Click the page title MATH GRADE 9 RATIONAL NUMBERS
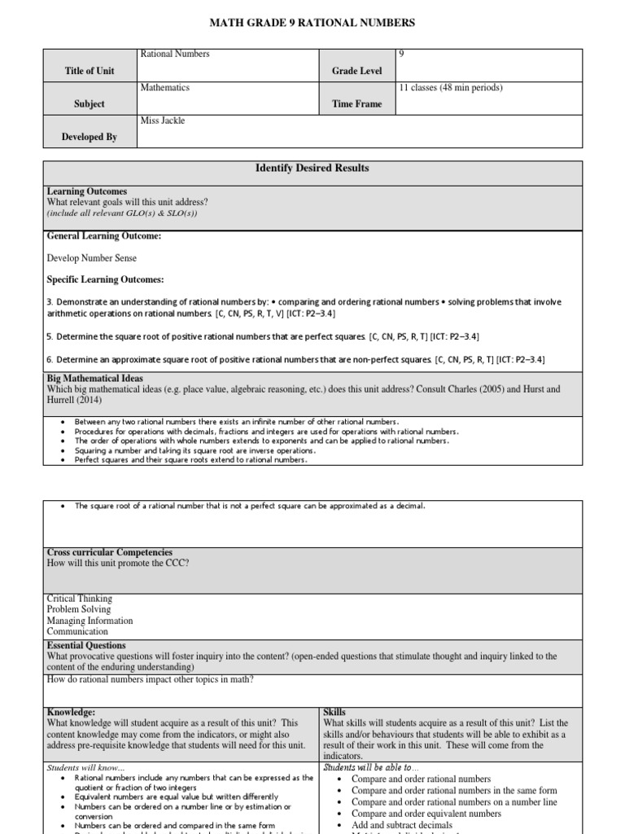tap(312, 23)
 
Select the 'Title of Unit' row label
tap(90, 71)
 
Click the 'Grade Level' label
tap(356, 71)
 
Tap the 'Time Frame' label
tap(356, 104)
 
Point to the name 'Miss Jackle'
tap(163, 121)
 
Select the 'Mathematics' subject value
tap(165, 87)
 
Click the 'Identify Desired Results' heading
tap(312, 168)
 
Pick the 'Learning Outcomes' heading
tap(87, 191)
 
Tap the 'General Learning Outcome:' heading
tap(104, 236)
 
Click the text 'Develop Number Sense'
tap(92, 258)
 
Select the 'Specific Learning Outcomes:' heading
tap(106, 279)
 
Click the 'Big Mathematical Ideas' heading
tap(95, 379)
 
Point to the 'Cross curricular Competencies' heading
tap(109, 552)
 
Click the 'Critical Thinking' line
tap(80, 599)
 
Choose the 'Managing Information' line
tap(90, 621)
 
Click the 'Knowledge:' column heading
tap(71, 712)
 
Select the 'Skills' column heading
tap(334, 712)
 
